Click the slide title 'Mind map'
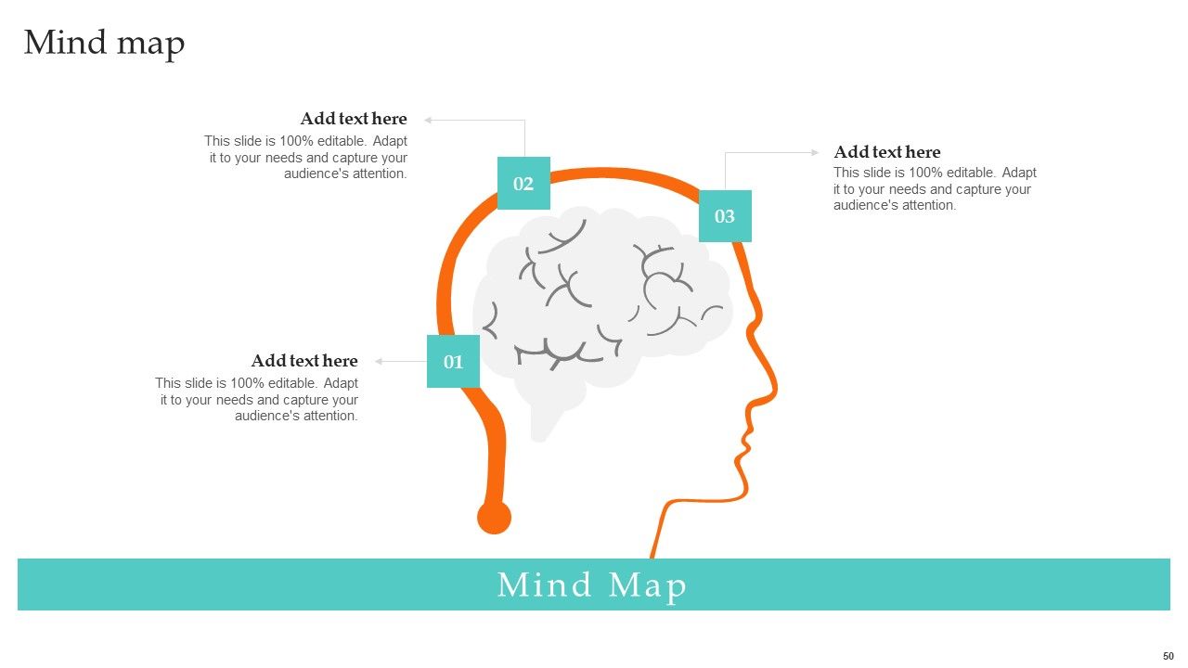pyautogui.click(x=105, y=44)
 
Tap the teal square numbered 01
pyautogui.click(x=454, y=361)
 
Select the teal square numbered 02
pyautogui.click(x=523, y=183)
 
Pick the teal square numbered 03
pyautogui.click(x=725, y=216)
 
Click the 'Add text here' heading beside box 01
pyautogui.click(x=304, y=361)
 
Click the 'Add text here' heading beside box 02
pyautogui.click(x=354, y=118)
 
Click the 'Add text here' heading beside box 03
pyautogui.click(x=886, y=151)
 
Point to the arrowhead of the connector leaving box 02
pyautogui.click(x=428, y=121)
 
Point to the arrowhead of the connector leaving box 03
pyautogui.click(x=815, y=153)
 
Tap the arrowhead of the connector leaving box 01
pyautogui.click(x=379, y=362)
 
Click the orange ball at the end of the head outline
pyautogui.click(x=495, y=517)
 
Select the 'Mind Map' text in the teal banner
pyautogui.click(x=592, y=585)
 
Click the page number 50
pyautogui.click(x=1169, y=656)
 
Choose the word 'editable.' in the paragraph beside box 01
pyautogui.click(x=292, y=383)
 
